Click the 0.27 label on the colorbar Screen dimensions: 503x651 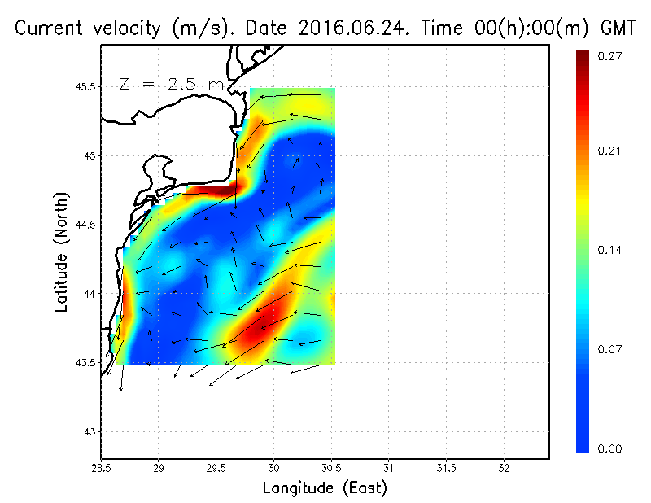pos(610,56)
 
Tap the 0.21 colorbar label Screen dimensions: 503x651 pos(610,151)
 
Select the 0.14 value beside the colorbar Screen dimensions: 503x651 pos(610,250)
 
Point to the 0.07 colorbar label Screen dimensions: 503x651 pos(610,350)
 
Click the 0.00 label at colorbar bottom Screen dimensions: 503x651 pos(610,448)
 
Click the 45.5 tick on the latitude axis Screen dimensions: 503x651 pos(84,87)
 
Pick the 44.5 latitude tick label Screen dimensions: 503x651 pos(84,225)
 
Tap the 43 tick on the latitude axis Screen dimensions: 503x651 pos(90,431)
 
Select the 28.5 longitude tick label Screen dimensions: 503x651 pos(101,468)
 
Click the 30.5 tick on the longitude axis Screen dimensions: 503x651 pos(331,468)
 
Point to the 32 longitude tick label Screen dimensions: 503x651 pos(504,468)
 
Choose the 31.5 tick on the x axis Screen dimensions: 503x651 pos(446,468)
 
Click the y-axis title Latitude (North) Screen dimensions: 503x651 pos(62,252)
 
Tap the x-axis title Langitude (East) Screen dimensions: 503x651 pos(324,488)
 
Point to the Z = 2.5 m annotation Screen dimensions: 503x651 pos(170,84)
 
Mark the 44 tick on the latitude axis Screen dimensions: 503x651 pos(90,294)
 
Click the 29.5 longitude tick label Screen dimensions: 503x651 pos(216,468)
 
